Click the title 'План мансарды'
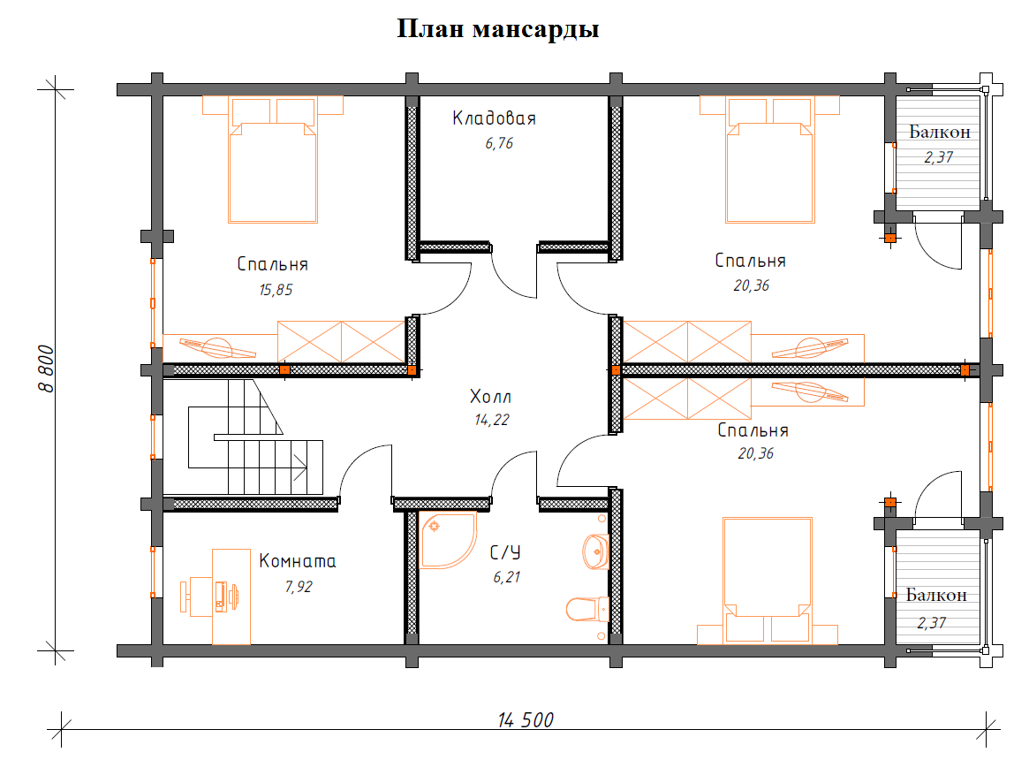click(x=498, y=29)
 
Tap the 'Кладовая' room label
click(x=494, y=118)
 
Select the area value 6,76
click(x=498, y=142)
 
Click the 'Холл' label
click(x=490, y=396)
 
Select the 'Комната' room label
click(x=297, y=561)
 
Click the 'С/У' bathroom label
click(x=504, y=553)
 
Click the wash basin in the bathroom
click(x=595, y=551)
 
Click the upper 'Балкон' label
click(x=939, y=133)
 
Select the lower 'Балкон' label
click(x=936, y=596)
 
